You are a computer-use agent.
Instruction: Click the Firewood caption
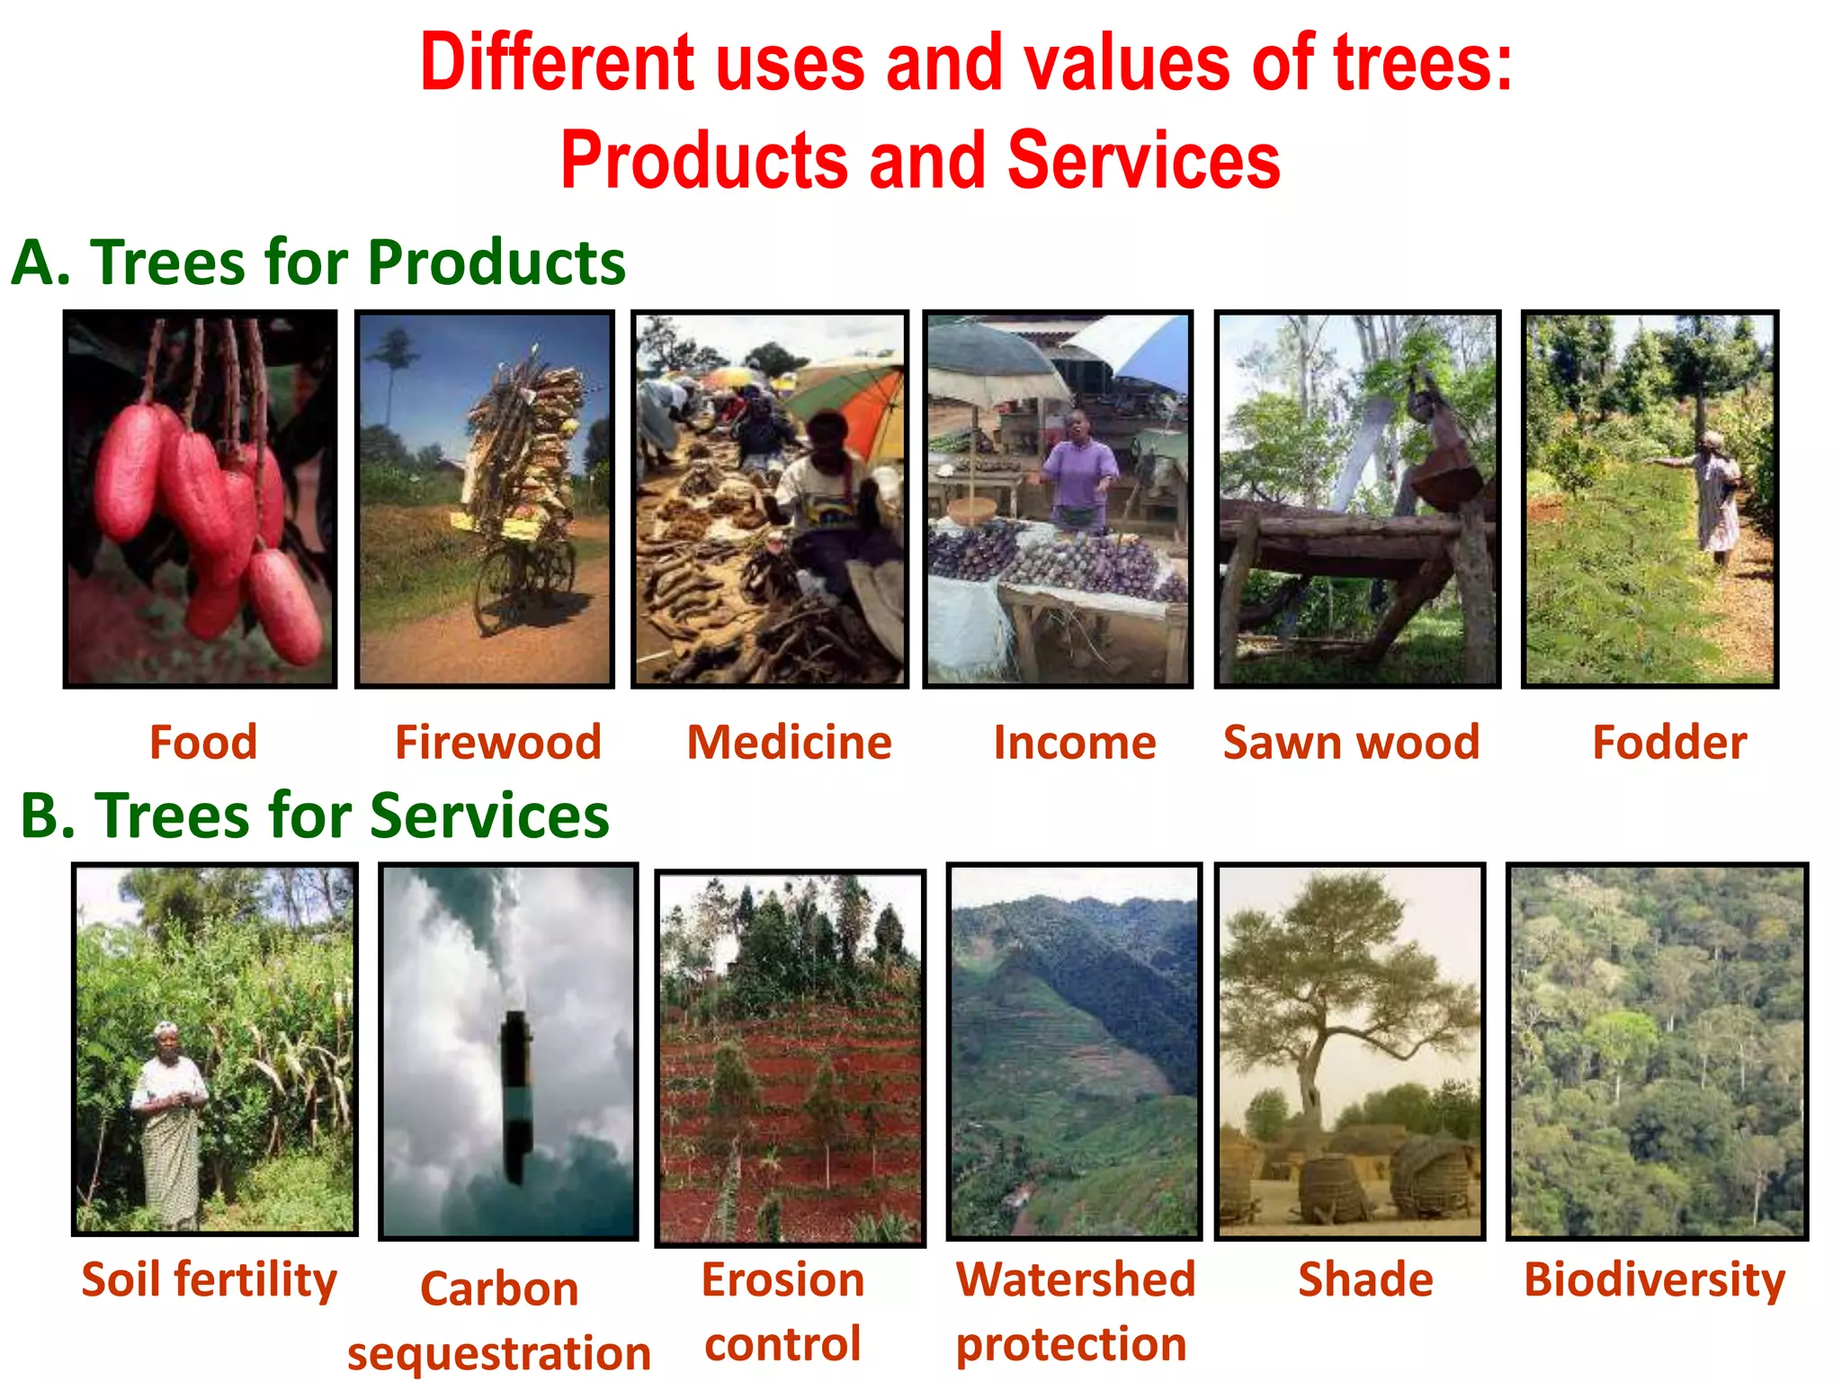pos(497,743)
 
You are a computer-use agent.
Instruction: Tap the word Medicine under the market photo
pos(789,743)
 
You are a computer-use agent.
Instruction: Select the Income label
pos(1074,743)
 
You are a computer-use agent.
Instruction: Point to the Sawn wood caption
pos(1351,743)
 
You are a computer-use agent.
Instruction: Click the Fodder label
pos(1669,743)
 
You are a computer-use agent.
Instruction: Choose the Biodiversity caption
pos(1654,1280)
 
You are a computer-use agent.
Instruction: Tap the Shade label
pos(1365,1279)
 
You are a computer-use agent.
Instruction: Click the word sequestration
pos(499,1353)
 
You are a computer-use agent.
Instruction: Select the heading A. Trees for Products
pos(318,263)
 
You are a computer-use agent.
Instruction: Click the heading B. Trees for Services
pos(315,815)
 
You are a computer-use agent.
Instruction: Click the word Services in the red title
pos(1143,160)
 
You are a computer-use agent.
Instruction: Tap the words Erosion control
pos(782,1312)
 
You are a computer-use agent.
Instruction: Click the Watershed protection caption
pos(1075,1312)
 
